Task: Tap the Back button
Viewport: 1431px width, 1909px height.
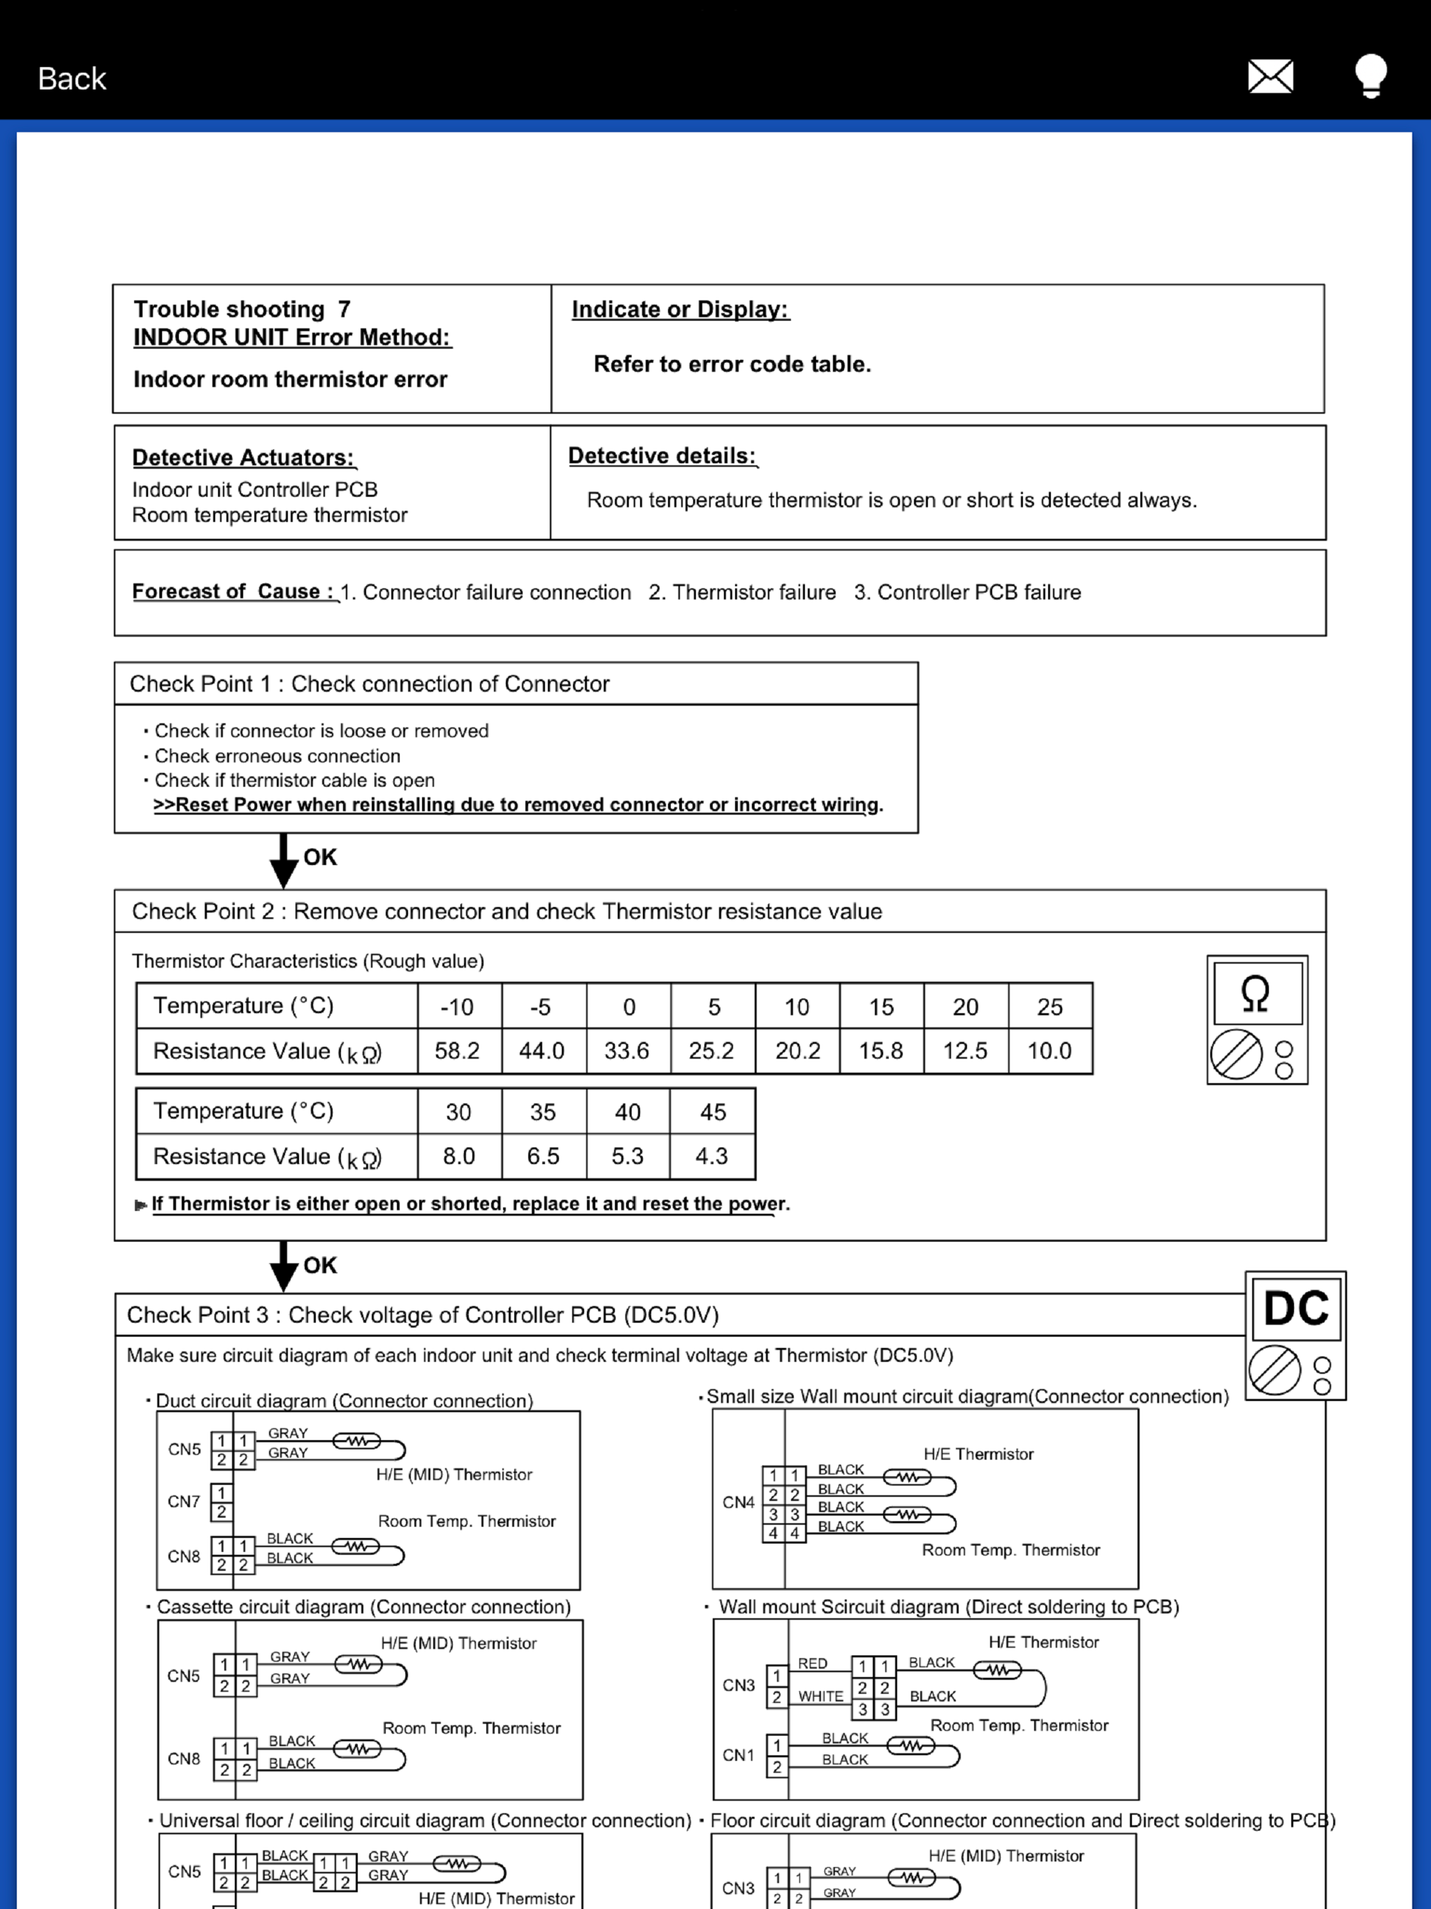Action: click(x=72, y=78)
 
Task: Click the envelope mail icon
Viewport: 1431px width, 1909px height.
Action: click(x=1270, y=77)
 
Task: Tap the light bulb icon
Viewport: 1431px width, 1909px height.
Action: click(x=1371, y=76)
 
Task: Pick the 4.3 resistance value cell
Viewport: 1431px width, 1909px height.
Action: click(x=712, y=1156)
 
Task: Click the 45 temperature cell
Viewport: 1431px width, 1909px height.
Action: click(x=712, y=1112)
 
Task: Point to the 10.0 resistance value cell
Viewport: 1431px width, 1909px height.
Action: click(x=1049, y=1050)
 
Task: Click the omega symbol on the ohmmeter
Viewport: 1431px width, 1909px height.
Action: click(x=1256, y=994)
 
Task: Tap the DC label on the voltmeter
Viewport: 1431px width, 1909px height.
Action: click(x=1295, y=1308)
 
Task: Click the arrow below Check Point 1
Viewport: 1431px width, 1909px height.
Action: click(x=283, y=860)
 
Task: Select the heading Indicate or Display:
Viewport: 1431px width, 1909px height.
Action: click(x=680, y=309)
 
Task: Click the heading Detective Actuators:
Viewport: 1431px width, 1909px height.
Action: click(x=243, y=458)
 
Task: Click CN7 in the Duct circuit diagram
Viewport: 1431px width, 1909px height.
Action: click(x=184, y=1502)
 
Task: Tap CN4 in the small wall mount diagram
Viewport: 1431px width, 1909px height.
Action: click(x=739, y=1502)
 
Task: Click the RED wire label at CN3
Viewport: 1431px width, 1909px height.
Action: click(x=812, y=1663)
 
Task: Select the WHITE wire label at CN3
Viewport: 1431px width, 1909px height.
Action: click(x=820, y=1696)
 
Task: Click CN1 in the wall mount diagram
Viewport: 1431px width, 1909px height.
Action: click(x=739, y=1755)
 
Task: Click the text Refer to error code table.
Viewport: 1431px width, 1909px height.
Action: click(x=732, y=364)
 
